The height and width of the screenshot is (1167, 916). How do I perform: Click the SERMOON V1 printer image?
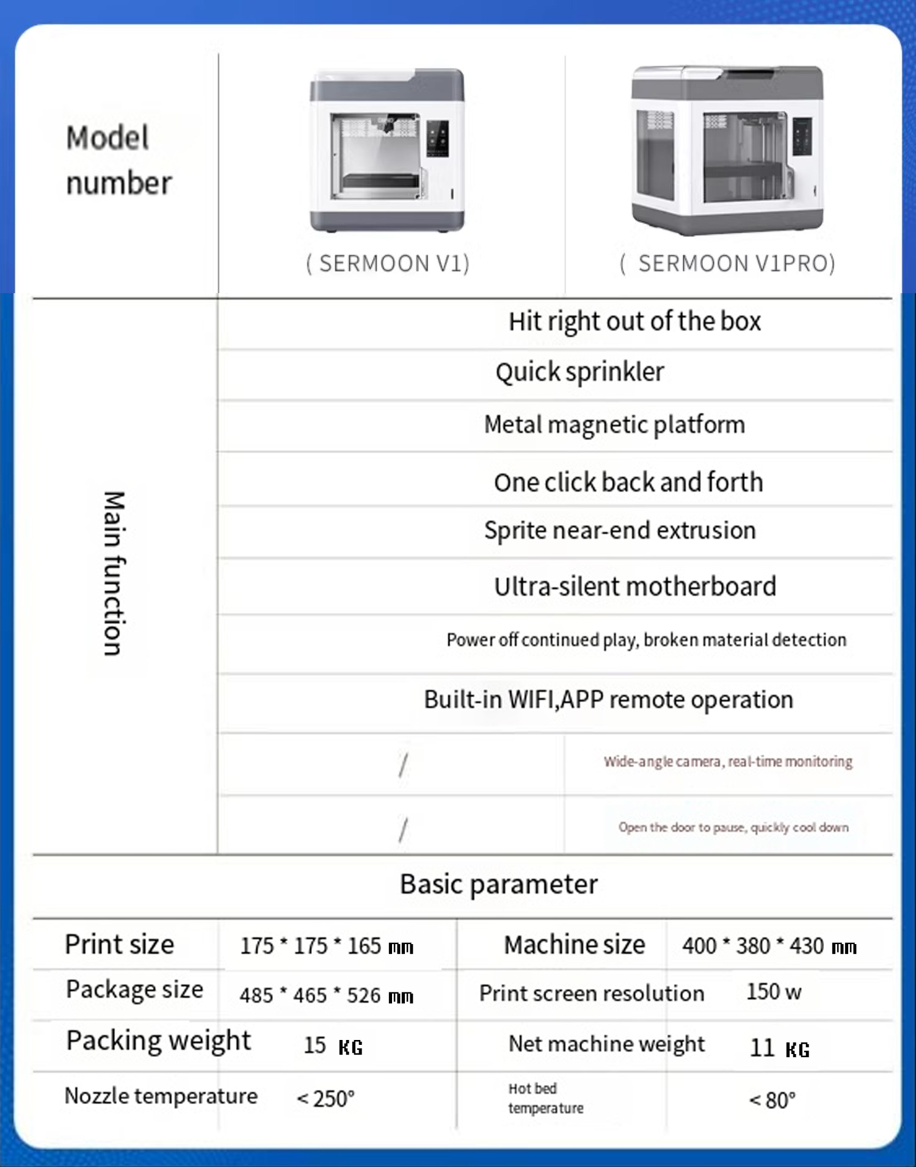[387, 150]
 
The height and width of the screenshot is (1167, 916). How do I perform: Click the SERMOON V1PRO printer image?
[727, 150]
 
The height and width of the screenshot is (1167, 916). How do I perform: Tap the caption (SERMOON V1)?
[388, 264]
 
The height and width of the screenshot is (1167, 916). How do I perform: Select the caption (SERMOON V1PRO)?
[727, 264]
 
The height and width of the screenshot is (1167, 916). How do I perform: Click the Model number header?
[118, 160]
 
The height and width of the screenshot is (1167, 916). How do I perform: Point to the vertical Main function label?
[114, 573]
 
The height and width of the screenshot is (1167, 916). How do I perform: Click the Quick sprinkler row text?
[580, 372]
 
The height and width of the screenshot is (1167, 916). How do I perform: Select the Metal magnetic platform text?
[614, 424]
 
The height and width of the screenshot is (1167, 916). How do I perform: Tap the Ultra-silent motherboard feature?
[635, 586]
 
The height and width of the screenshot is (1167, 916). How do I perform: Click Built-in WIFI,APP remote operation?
[608, 700]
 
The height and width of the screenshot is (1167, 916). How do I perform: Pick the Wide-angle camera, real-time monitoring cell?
[728, 762]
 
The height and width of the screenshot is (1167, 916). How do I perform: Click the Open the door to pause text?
[733, 827]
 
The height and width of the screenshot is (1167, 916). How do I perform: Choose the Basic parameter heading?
[498, 884]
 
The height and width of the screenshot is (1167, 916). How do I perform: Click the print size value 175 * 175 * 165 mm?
[327, 946]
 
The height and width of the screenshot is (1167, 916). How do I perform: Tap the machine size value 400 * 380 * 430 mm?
[769, 946]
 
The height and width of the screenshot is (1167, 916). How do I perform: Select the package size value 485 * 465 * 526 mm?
[327, 995]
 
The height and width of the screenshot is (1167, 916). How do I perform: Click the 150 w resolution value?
[773, 992]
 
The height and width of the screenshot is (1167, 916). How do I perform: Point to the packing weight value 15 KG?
[333, 1045]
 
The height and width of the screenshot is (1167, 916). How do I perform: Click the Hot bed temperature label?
[545, 1098]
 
